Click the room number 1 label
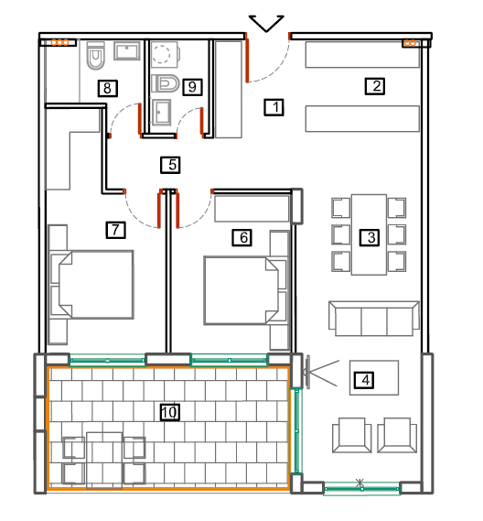(274, 107)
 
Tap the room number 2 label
(375, 86)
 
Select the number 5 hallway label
(170, 165)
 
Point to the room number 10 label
(170, 412)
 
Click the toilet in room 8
(96, 56)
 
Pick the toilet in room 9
(166, 83)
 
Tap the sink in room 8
(127, 51)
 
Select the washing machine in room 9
(166, 54)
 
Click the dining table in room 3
(369, 234)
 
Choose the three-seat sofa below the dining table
(374, 319)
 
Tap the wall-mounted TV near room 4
(308, 372)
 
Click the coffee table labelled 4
(374, 377)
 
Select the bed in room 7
(96, 285)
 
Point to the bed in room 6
(241, 290)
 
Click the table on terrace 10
(104, 461)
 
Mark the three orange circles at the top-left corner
(59, 42)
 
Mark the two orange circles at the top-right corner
(409, 43)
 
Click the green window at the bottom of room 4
(362, 489)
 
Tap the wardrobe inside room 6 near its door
(252, 209)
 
